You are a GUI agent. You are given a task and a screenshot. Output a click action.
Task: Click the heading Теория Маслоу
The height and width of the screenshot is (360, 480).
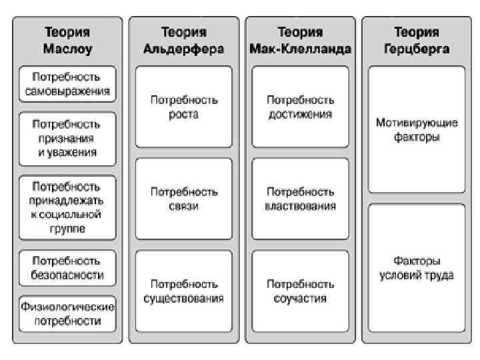tap(67, 40)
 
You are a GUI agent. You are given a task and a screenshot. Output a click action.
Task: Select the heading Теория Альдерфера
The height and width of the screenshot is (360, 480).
tap(183, 40)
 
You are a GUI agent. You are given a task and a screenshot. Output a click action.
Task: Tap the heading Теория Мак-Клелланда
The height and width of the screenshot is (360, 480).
tap(300, 40)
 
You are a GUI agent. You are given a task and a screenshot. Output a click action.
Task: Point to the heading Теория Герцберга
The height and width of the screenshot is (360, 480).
tap(416, 40)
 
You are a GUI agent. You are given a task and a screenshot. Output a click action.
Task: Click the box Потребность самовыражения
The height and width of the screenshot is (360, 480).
tap(67, 83)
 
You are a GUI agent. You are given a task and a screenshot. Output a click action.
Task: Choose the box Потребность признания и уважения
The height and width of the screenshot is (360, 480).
tap(67, 138)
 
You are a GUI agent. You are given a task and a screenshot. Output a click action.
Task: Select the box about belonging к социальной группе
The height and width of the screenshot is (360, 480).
tap(67, 207)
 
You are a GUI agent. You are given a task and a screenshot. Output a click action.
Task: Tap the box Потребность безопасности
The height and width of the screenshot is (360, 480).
tap(67, 267)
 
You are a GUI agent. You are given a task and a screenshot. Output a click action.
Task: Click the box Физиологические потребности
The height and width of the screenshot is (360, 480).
tap(67, 313)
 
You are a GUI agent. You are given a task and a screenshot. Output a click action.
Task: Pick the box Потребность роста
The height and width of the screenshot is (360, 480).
tap(184, 107)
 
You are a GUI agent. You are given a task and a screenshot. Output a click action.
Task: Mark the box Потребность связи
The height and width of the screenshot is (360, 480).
tap(184, 199)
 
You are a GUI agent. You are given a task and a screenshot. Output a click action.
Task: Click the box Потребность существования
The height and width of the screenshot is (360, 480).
tap(184, 291)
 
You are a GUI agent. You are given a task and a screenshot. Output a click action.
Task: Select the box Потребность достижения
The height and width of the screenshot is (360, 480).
tap(300, 107)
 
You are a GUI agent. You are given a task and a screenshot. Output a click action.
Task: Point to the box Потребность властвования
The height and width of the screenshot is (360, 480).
tap(300, 199)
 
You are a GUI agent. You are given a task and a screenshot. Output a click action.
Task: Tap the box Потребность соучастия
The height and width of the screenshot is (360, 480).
tap(300, 291)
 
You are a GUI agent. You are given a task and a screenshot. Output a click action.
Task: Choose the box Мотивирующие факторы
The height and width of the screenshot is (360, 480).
tap(417, 130)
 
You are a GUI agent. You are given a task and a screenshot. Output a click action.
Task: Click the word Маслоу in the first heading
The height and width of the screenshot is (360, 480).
tap(67, 49)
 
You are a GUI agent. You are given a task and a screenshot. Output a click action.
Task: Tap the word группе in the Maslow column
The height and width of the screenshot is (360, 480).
tap(67, 229)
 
